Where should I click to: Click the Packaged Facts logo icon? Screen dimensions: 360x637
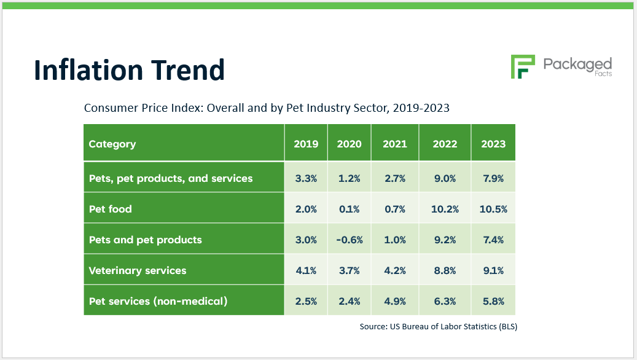click(523, 66)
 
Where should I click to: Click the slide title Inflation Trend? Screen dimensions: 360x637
click(129, 70)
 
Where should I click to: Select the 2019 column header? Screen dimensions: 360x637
click(306, 144)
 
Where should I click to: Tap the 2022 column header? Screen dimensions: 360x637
click(445, 144)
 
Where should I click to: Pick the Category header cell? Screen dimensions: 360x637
click(112, 144)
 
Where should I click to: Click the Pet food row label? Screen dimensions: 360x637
click(111, 209)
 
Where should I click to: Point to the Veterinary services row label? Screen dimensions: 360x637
click(138, 270)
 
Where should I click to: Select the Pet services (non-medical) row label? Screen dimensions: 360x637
click(158, 301)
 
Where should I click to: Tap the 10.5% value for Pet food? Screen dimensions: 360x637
click(493, 209)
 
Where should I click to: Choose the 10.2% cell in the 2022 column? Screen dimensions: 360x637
click(445, 209)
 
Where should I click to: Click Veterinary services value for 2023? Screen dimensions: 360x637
click(493, 270)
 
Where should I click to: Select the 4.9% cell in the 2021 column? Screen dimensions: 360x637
click(394, 301)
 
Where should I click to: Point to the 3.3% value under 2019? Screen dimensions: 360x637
click(306, 178)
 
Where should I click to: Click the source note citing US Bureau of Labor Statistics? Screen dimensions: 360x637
click(438, 327)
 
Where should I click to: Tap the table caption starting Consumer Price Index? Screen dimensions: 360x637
click(267, 108)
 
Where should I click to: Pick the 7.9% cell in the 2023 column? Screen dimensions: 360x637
click(493, 178)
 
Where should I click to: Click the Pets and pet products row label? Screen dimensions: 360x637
click(146, 240)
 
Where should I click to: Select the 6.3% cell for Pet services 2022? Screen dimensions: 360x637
click(445, 301)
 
